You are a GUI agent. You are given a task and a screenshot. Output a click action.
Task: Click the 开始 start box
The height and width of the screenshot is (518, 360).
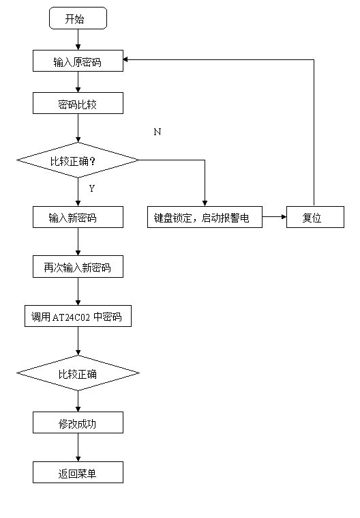[x=78, y=18]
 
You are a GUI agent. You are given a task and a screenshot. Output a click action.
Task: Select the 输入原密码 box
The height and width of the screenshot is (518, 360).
[x=78, y=61]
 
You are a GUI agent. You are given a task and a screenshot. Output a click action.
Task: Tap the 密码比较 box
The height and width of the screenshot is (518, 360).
[x=78, y=103]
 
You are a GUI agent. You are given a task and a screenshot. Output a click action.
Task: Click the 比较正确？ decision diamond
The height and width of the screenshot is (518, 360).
[x=78, y=160]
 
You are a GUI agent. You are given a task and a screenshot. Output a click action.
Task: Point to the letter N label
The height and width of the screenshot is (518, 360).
[x=157, y=132]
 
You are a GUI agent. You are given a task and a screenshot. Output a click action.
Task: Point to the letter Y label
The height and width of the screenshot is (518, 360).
[x=92, y=188]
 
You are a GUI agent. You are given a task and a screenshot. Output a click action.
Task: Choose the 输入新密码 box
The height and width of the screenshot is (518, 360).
[x=78, y=217]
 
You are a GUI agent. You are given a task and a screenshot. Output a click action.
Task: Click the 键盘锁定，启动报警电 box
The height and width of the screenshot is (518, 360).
[x=205, y=217]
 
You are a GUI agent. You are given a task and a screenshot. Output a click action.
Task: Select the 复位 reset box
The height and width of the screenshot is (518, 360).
[x=315, y=217]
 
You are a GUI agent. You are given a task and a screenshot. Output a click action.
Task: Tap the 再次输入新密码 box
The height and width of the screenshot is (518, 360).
[x=78, y=267]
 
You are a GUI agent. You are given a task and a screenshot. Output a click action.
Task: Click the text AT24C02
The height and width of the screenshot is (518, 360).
[x=71, y=317]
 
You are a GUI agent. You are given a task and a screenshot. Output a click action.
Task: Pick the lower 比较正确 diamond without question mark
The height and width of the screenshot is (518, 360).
[x=78, y=373]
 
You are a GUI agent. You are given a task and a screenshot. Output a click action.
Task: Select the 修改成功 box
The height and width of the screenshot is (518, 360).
[x=78, y=422]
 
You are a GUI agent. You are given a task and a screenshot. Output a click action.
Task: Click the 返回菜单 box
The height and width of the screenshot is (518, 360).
[x=78, y=472]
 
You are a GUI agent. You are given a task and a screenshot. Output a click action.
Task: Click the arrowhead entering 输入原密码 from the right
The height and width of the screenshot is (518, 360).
[x=125, y=60]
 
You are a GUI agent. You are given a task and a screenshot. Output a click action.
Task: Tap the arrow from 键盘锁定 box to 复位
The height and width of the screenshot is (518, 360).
[x=274, y=217]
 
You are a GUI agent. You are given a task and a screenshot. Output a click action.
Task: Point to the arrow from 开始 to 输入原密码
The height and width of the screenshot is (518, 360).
[x=78, y=40]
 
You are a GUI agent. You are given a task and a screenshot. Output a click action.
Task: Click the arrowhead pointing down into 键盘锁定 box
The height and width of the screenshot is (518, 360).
[x=205, y=203]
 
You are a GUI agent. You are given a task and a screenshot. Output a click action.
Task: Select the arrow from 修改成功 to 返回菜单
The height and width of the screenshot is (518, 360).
[x=78, y=448]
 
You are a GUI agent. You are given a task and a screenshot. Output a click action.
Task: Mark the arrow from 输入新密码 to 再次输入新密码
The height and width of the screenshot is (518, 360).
[x=78, y=242]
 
